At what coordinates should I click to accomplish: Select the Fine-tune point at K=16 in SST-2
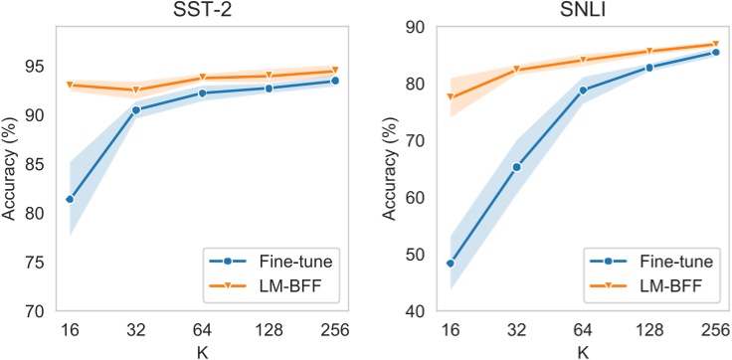click(x=70, y=199)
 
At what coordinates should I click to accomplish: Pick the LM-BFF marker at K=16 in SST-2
click(x=70, y=86)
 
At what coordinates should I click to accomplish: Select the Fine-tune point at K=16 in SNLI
click(x=451, y=264)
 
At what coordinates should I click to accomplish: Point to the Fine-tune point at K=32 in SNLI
click(x=516, y=167)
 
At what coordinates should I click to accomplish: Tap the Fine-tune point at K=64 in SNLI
click(x=583, y=90)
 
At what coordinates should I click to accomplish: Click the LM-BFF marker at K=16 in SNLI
click(x=451, y=97)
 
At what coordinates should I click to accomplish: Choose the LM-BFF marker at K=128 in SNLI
click(x=649, y=52)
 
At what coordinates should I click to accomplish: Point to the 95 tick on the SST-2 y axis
click(x=37, y=67)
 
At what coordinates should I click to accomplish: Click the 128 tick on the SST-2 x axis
click(x=269, y=328)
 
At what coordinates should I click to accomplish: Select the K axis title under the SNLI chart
click(x=583, y=349)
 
